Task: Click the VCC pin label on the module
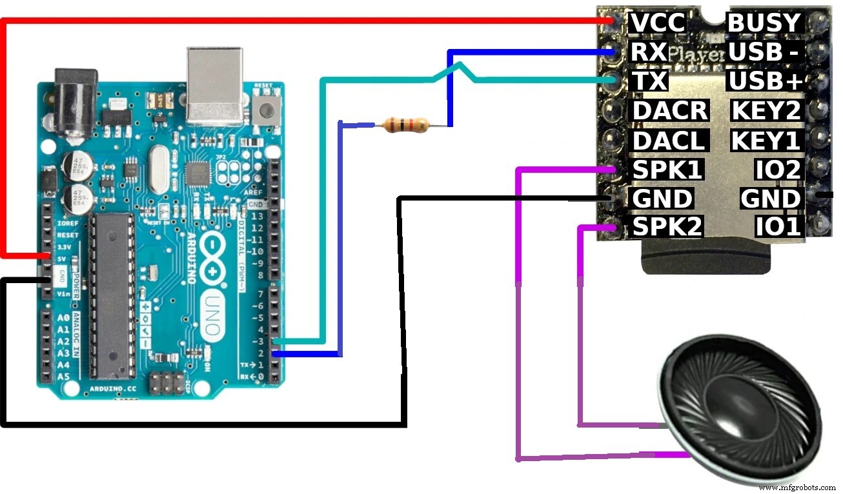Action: click(x=656, y=23)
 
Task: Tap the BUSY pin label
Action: click(x=764, y=23)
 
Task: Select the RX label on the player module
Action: click(x=647, y=52)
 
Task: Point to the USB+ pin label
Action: click(x=765, y=81)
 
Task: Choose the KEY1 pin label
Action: click(x=766, y=140)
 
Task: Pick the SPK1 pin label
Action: click(x=667, y=170)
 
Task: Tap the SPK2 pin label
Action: click(x=667, y=226)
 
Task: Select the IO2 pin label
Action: click(x=778, y=170)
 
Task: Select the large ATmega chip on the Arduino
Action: click(x=113, y=296)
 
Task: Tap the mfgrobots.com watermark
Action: click(x=798, y=487)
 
